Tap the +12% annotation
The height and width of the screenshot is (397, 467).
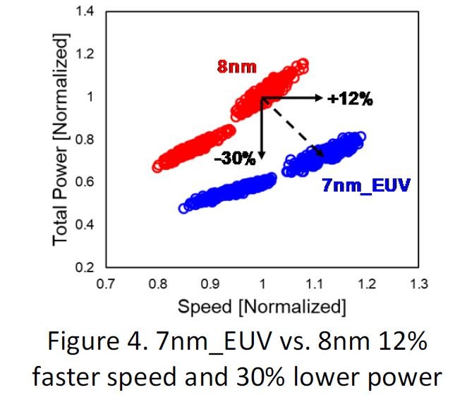[x=351, y=99]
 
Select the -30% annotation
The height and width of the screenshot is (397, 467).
[x=235, y=159]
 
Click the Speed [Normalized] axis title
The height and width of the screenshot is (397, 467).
[x=262, y=307]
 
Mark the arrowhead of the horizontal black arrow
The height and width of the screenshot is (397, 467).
[x=321, y=99]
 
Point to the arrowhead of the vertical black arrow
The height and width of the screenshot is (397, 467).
[x=262, y=155]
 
